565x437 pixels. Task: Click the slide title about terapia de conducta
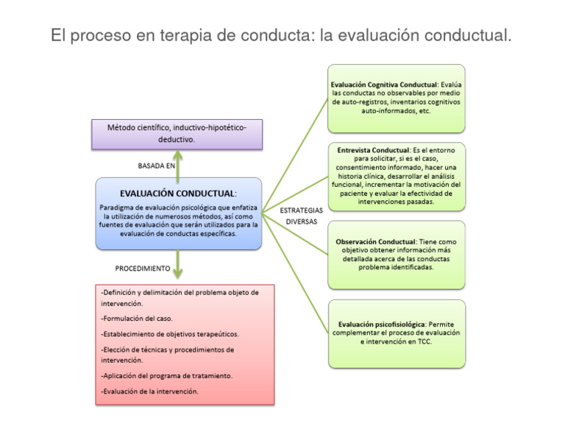tap(280, 35)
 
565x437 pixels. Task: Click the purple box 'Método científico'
tap(177, 134)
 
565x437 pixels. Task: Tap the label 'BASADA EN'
tap(157, 166)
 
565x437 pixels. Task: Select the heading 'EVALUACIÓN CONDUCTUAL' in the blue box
tap(177, 193)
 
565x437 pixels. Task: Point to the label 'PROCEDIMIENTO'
tap(143, 269)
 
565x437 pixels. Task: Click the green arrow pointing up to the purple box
tap(177, 162)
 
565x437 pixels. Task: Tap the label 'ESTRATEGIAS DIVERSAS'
tap(301, 216)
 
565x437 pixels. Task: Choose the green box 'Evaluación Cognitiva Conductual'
tap(397, 98)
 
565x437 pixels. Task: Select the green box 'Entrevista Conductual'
tap(397, 176)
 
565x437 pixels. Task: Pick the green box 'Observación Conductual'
tap(397, 254)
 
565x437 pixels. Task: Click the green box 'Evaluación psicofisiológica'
tap(397, 333)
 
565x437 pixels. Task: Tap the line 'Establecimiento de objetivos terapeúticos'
tap(170, 333)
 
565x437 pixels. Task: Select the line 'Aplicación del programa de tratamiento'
tap(167, 376)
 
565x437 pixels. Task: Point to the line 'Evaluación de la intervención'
tap(150, 391)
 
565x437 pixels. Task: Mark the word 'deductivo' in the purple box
tap(177, 139)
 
